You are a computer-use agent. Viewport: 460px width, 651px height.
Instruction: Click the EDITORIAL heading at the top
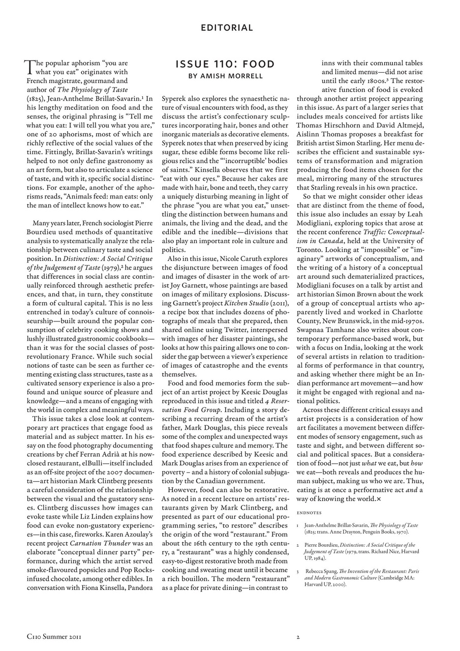(x=227, y=28)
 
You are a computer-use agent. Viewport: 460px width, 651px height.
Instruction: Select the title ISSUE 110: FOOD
(x=225, y=65)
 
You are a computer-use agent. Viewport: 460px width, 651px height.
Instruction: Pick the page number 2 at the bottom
(x=298, y=636)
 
